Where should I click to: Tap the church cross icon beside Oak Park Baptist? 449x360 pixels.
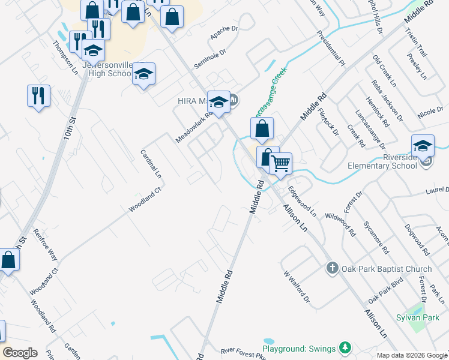pyautogui.click(x=333, y=268)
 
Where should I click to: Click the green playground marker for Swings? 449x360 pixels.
pyautogui.click(x=345, y=348)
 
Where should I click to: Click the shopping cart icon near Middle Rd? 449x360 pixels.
pyautogui.click(x=280, y=163)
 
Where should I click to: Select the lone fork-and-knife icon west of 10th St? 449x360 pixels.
pyautogui.click(x=38, y=95)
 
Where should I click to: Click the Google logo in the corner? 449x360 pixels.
pyautogui.click(x=20, y=353)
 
